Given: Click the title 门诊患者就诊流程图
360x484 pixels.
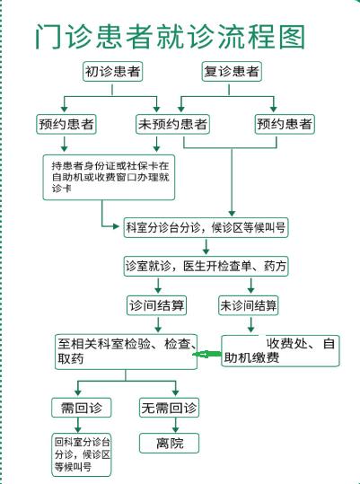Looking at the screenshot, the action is coord(171,37).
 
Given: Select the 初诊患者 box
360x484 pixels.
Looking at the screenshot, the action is coord(112,72).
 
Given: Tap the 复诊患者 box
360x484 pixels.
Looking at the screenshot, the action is coord(232,72).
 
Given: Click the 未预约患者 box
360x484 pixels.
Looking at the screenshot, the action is coord(172,124).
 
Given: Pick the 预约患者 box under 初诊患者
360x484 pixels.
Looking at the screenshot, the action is coord(66,124).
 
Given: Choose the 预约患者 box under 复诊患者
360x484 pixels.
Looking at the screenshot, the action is coord(285,124).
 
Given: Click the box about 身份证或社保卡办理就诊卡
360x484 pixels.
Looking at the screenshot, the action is coord(109,178).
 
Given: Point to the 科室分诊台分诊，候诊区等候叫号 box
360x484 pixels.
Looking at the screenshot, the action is coord(206,227).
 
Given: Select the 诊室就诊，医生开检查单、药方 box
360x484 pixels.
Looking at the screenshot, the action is coord(206,266).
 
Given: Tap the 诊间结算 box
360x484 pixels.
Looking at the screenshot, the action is coord(157,305).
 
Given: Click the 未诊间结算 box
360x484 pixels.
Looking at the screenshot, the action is coord(249,305).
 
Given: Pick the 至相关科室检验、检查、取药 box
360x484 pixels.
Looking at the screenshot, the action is coord(127,352).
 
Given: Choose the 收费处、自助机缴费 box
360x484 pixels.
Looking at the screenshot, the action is coord(280,351).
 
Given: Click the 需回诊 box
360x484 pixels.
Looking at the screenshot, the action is coord(82,408).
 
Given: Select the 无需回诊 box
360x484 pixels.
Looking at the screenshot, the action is coord(169,408).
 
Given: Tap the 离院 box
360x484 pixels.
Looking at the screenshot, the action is coord(169,444).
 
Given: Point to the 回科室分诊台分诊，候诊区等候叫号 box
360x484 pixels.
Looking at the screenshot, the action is coord(82,454).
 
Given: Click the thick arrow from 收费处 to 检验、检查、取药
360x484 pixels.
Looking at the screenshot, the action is coord(207,354).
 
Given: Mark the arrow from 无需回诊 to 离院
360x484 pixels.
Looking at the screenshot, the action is coord(176,426).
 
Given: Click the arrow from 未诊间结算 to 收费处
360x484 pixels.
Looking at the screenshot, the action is coord(251,324).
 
